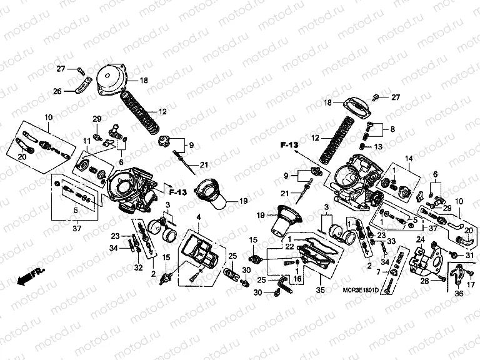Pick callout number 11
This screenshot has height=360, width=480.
86,142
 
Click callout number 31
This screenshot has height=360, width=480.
470,255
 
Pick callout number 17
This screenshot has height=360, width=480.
470,285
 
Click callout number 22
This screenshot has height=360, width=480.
289,247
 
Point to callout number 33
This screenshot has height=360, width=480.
391,241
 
